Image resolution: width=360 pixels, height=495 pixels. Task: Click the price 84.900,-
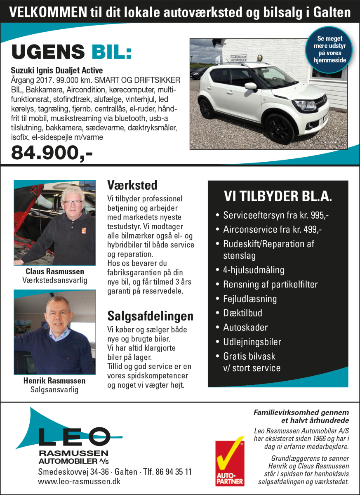click(52, 153)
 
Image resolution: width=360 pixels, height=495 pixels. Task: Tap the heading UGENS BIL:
click(71, 52)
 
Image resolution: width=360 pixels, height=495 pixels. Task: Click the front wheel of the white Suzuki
click(280, 129)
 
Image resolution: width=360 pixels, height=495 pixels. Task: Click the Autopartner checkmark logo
click(230, 462)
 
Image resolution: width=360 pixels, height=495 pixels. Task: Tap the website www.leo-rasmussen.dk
click(79, 481)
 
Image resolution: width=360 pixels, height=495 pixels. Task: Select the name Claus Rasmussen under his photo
click(55, 271)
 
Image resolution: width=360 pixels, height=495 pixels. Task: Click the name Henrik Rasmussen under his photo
click(54, 380)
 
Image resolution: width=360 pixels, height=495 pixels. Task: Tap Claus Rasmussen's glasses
click(72, 203)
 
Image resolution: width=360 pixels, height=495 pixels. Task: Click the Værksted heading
click(132, 184)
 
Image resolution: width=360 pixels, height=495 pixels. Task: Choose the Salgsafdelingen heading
click(150, 316)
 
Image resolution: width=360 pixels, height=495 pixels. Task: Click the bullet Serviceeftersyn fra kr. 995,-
click(276, 215)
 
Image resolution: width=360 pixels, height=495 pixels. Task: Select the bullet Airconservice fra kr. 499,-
click(273, 230)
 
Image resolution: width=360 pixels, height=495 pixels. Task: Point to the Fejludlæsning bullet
click(250, 299)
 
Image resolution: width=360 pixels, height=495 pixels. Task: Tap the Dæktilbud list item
click(242, 313)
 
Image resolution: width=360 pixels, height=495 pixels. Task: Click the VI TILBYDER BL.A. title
click(278, 196)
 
